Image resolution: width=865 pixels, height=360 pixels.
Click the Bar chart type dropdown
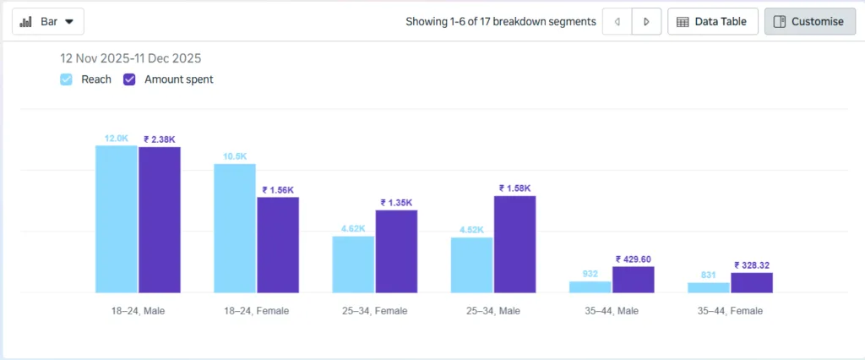point(48,21)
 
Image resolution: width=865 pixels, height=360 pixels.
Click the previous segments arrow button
point(617,21)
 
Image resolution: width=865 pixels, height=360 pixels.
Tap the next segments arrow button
point(646,21)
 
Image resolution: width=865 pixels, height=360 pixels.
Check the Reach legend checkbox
point(66,79)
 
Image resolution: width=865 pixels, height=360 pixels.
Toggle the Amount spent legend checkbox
point(129,79)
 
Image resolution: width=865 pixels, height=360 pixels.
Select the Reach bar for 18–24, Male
point(116,219)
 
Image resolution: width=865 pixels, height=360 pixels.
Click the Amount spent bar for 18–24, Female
point(278,245)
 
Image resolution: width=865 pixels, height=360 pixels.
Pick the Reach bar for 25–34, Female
point(353,265)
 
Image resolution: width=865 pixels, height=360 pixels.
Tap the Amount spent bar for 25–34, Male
point(514,244)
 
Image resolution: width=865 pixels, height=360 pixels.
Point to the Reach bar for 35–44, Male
point(590,287)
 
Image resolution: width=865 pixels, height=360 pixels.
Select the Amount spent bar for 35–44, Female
point(751,283)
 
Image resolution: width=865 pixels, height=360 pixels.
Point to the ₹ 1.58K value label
point(514,188)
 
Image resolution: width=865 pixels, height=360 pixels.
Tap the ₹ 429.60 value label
point(634,259)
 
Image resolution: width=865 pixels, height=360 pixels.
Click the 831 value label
point(708,275)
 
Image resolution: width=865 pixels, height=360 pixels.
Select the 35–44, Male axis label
point(611,311)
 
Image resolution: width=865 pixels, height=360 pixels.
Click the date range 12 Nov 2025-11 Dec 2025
point(130,58)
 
